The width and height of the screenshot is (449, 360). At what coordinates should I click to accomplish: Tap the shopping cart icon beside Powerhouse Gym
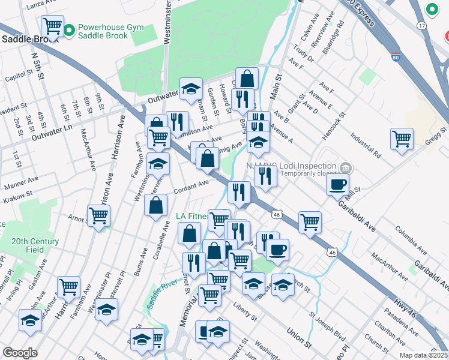tap(53, 25)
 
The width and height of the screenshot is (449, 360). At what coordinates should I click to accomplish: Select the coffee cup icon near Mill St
tap(338, 184)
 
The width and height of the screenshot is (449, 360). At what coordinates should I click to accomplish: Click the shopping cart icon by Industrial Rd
tap(402, 138)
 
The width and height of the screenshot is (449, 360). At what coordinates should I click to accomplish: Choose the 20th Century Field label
tap(35, 245)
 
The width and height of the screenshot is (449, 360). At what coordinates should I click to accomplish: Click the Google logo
tap(20, 353)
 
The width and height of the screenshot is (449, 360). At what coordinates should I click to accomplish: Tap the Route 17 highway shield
tap(422, 26)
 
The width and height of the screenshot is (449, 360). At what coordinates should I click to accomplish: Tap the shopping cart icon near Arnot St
tap(98, 215)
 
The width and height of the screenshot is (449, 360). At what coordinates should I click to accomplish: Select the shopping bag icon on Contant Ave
tap(155, 205)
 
